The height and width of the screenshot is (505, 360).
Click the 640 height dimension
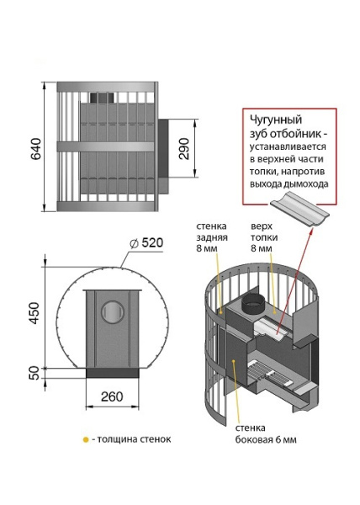[35, 148]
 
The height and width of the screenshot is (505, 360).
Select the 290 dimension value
[184, 148]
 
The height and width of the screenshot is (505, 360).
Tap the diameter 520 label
[146, 243]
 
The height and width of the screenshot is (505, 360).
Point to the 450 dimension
[34, 313]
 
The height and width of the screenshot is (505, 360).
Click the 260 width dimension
[112, 396]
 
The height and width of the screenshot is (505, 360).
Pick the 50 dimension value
[34, 373]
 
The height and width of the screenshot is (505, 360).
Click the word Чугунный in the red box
[276, 120]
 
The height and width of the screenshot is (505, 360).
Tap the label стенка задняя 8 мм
[212, 237]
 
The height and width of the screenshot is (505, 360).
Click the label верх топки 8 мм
[264, 237]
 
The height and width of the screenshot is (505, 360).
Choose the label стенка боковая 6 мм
[266, 433]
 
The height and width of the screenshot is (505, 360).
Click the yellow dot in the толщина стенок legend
[86, 439]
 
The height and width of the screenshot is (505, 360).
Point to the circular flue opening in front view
[113, 311]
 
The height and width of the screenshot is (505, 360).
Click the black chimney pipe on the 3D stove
[253, 305]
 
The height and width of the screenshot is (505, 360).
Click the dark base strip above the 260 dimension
[112, 373]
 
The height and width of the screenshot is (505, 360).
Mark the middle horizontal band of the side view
[106, 146]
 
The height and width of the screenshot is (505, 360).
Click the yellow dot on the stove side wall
[234, 361]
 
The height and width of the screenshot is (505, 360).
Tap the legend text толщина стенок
[134, 439]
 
